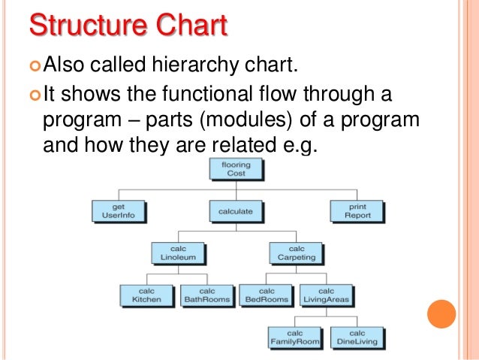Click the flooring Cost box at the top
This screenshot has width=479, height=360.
tap(235, 169)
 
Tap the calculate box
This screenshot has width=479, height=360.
tap(235, 212)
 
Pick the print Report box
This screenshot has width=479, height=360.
tap(357, 210)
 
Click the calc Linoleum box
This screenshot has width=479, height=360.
tap(179, 253)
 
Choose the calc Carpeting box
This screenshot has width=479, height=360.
tap(297, 253)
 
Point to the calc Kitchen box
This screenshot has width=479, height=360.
tap(147, 295)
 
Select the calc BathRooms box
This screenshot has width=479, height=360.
tap(207, 295)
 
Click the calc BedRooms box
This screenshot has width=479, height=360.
tap(267, 295)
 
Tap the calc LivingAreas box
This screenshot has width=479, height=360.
tap(327, 295)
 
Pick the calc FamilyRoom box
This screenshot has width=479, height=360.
tap(295, 337)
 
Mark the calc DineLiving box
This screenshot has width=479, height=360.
tap(357, 337)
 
